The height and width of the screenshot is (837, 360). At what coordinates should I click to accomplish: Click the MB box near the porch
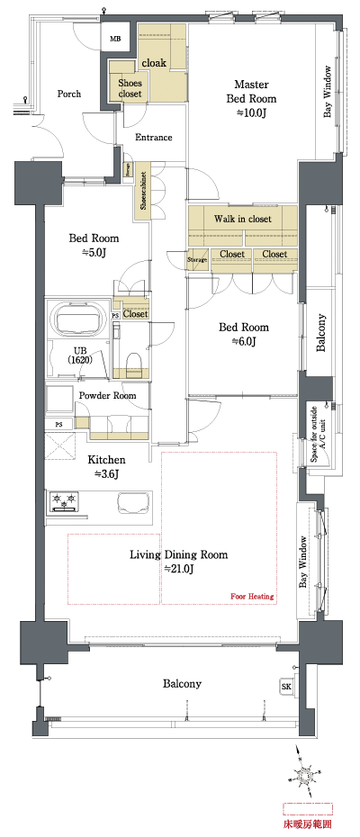[115, 39]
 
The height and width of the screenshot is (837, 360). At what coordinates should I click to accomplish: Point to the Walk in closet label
[242, 219]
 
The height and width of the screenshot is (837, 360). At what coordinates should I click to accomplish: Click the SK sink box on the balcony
[287, 686]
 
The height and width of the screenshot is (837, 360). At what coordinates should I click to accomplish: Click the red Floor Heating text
[252, 597]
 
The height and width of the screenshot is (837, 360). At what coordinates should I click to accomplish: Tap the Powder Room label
[107, 395]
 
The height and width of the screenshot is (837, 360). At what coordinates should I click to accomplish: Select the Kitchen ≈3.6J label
[106, 466]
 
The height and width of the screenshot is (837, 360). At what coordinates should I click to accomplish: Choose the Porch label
[69, 94]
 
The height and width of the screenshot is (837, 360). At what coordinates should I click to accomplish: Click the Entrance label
[154, 138]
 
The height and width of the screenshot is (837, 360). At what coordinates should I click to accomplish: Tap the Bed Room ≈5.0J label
[94, 246]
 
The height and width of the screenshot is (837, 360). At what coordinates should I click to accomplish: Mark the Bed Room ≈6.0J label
[244, 334]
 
